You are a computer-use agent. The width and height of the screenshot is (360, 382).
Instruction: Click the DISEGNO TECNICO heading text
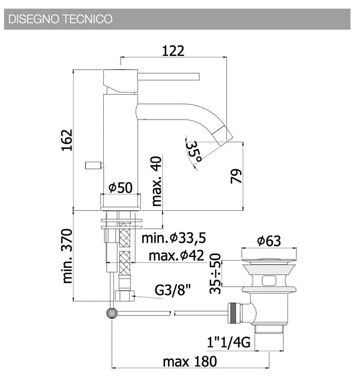click(x=61, y=19)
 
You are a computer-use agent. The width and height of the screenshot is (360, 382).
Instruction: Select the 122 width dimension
click(x=173, y=51)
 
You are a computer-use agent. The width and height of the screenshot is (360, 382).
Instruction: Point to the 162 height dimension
click(x=67, y=140)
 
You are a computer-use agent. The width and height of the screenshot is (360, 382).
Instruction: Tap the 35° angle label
click(x=194, y=151)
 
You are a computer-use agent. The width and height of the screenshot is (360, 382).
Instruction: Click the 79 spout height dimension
click(x=236, y=176)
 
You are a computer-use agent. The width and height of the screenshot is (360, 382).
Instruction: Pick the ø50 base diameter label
click(x=121, y=187)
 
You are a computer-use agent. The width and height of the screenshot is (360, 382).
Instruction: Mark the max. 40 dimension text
click(x=157, y=181)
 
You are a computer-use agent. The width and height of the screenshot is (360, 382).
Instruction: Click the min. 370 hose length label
click(x=67, y=256)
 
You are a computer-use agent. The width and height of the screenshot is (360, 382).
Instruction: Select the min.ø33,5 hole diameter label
click(x=174, y=238)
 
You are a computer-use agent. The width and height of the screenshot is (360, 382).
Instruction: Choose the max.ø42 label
click(x=176, y=255)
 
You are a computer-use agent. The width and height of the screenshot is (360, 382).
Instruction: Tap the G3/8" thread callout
click(x=173, y=290)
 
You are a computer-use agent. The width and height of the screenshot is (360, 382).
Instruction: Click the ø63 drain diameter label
click(x=269, y=241)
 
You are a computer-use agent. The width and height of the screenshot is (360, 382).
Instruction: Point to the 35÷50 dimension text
click(x=215, y=274)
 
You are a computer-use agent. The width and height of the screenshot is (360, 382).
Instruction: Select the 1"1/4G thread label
click(x=229, y=342)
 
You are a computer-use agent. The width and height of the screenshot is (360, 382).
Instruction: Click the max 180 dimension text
click(x=190, y=362)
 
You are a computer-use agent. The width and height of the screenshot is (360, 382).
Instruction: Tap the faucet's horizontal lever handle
click(x=169, y=76)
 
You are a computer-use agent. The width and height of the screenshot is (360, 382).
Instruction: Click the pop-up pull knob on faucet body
click(x=94, y=165)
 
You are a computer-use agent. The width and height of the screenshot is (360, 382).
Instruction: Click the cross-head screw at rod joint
click(x=112, y=313)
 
